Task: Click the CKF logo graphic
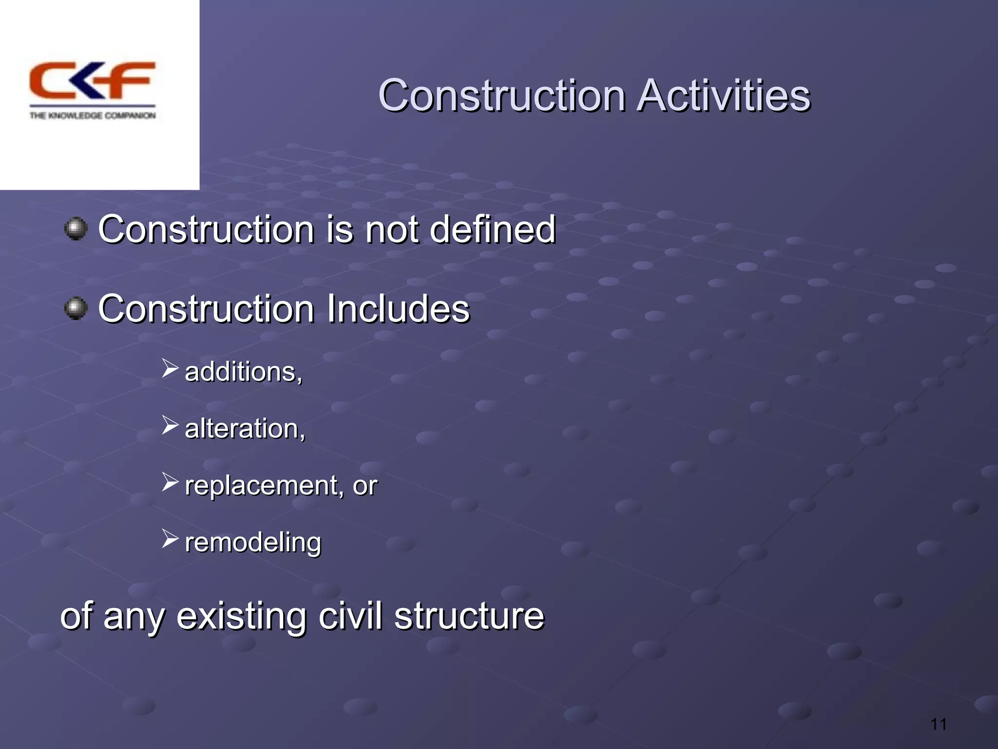[x=92, y=80]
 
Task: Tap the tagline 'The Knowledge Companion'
[x=92, y=116]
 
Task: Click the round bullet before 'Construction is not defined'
[x=76, y=229]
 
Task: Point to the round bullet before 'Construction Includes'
[x=76, y=308]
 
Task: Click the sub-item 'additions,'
[x=244, y=372]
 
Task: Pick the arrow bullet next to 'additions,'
[x=170, y=368]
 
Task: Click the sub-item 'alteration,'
[x=245, y=429]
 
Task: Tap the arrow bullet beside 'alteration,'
[x=170, y=425]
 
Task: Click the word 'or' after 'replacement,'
[x=365, y=486]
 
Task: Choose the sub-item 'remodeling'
[x=253, y=542]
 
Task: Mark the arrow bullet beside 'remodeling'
[x=170, y=539]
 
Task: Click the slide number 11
[x=938, y=724]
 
